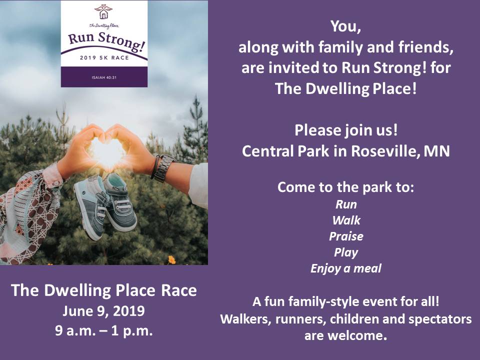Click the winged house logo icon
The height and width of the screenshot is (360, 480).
coord(103,11)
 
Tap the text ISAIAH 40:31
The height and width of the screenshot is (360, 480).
coord(104,78)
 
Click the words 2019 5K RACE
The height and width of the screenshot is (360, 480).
coord(104,57)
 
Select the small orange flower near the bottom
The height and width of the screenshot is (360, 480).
coord(172,260)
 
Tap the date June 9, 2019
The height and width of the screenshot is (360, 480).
coord(103,311)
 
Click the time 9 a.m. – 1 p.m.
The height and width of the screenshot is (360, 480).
coord(104,330)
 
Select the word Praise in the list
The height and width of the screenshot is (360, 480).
coord(346,236)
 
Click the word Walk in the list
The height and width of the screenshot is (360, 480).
coord(346,220)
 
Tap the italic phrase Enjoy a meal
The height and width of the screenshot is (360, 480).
coord(346,268)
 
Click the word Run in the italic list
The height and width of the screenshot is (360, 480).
coord(346,204)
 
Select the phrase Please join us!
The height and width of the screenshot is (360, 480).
coord(346,130)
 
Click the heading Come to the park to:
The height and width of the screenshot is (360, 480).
coord(345,187)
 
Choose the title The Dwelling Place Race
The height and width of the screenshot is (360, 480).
coord(104,290)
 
